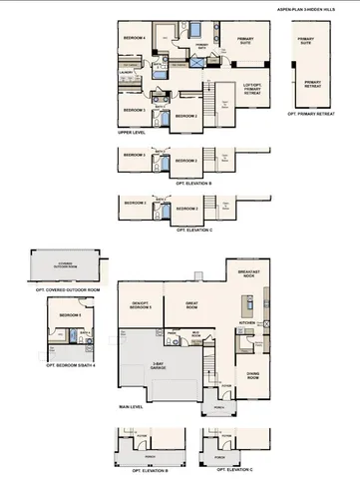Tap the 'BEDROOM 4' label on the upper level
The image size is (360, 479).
coord(134,38)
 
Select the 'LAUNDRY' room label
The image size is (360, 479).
coord(127,73)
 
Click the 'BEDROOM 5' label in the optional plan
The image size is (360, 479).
coord(69,315)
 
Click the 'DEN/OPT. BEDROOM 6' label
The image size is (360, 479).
coord(139,307)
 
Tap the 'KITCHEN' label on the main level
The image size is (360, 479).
coord(247,323)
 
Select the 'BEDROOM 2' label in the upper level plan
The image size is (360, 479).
coord(185,116)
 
